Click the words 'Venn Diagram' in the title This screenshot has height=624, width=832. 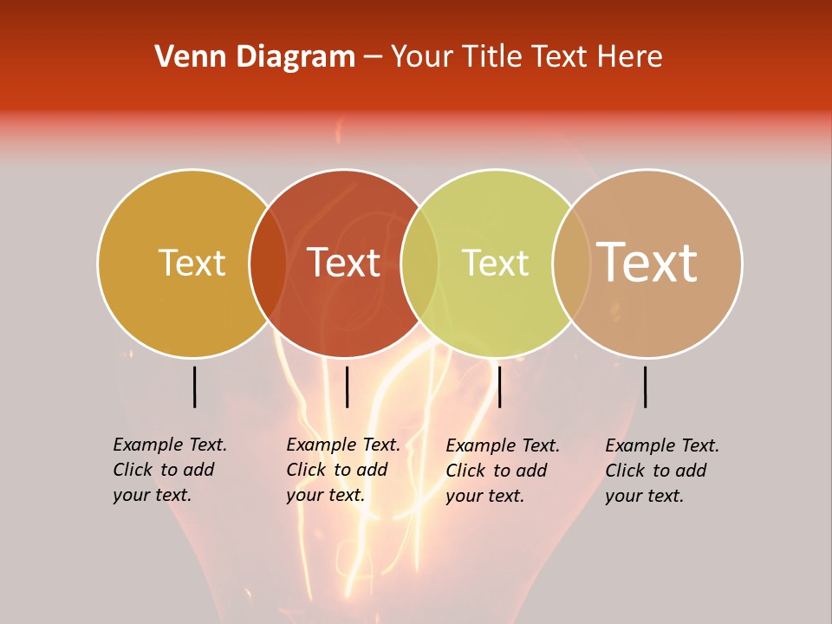pyautogui.click(x=255, y=57)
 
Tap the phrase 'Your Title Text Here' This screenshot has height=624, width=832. pyautogui.click(x=526, y=57)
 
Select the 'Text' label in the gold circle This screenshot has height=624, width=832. pyautogui.click(x=192, y=263)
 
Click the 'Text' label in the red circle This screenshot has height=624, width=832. pyautogui.click(x=343, y=263)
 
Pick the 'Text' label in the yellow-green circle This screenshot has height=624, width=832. pyautogui.click(x=495, y=263)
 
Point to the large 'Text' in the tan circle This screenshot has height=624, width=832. pyautogui.click(x=647, y=262)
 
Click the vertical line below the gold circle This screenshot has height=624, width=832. pyautogui.click(x=195, y=387)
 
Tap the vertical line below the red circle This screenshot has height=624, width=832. pyautogui.click(x=347, y=387)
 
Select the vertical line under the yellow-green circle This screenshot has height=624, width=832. pyautogui.click(x=499, y=387)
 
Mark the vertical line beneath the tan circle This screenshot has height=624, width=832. pyautogui.click(x=646, y=387)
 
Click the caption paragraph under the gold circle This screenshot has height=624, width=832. pyautogui.click(x=169, y=470)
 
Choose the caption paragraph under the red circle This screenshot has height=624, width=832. pyautogui.click(x=342, y=470)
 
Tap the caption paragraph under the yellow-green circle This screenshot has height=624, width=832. pyautogui.click(x=502, y=471)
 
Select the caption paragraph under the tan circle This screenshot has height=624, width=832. pyautogui.click(x=661, y=471)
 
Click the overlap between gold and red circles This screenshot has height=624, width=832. pyautogui.click(x=268, y=263)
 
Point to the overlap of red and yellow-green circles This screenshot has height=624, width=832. pyautogui.click(x=419, y=263)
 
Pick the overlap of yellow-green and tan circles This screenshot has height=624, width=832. pyautogui.click(x=571, y=263)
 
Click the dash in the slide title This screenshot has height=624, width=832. pyautogui.click(x=373, y=58)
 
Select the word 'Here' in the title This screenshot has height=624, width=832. pyautogui.click(x=635, y=57)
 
